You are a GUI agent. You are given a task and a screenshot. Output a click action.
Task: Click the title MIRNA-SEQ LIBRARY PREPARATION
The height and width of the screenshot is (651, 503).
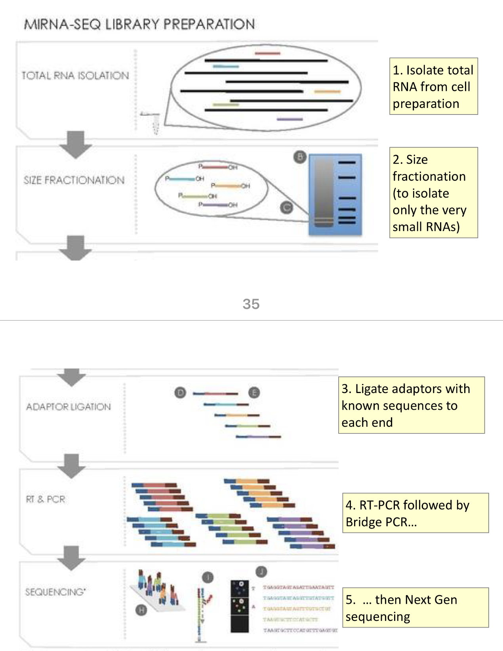[x=139, y=24]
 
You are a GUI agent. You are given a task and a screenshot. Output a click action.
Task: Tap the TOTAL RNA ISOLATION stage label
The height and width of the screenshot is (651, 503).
[x=75, y=75]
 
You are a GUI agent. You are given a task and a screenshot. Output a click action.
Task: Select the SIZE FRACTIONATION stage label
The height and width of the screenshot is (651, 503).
[x=74, y=180]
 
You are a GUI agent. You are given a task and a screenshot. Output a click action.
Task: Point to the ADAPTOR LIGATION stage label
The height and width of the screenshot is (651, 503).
[x=68, y=407]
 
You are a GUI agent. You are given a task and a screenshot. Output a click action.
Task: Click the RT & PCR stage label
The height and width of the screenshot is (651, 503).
[x=46, y=499]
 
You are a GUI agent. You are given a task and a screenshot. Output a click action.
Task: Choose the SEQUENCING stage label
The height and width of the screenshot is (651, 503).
[x=55, y=592]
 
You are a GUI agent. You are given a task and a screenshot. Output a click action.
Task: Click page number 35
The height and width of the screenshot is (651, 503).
[x=251, y=304]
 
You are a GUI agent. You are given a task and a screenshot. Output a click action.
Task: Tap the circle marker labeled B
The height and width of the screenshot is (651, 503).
[x=300, y=157]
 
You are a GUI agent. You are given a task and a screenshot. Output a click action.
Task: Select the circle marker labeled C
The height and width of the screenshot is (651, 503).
[x=286, y=207]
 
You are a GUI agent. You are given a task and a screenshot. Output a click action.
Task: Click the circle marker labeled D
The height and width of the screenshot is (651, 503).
[x=180, y=393]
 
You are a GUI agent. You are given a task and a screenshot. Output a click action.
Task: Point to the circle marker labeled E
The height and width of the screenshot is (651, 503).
[x=254, y=393]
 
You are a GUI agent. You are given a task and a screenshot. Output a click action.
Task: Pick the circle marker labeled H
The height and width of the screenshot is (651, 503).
[x=141, y=610]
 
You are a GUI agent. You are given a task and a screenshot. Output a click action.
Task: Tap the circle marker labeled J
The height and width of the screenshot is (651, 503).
[x=261, y=571]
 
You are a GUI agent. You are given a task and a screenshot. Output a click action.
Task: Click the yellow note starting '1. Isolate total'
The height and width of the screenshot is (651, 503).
[x=433, y=86]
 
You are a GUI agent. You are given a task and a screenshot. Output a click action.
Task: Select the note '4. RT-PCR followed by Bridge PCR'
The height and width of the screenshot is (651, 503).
[x=415, y=513]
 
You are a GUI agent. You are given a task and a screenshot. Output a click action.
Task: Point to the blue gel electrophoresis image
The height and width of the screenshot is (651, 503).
[x=335, y=195]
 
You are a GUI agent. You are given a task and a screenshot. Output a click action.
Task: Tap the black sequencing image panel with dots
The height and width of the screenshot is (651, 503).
[x=240, y=606]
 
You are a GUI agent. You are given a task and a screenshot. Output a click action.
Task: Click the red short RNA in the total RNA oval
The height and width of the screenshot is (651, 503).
[x=267, y=53]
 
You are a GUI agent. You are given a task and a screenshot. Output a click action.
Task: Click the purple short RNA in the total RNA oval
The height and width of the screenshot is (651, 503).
[x=290, y=119]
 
